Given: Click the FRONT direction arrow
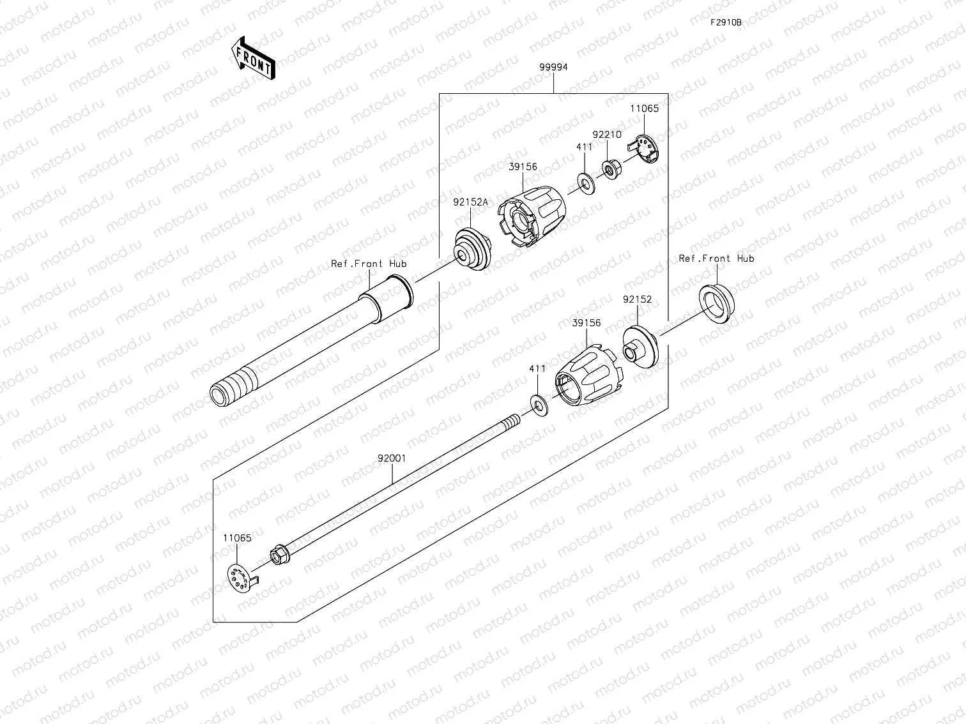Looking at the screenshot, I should pos(252,57).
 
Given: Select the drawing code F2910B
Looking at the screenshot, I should pos(726,22).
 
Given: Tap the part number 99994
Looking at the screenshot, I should pos(553,67).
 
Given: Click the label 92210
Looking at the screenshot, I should pos(606,135).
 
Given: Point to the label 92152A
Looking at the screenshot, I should pos(470,202).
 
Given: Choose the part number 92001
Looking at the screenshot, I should pos(391,458).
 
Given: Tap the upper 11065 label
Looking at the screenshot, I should pos(644,109).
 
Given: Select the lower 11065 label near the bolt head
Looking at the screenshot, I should pos(237,538).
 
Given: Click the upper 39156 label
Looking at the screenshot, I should pos(523,167).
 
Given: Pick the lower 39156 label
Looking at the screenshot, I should pos(586,323).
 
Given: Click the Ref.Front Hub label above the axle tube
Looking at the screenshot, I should pos(369,264).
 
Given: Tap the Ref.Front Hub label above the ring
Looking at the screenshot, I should pos(716,259).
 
